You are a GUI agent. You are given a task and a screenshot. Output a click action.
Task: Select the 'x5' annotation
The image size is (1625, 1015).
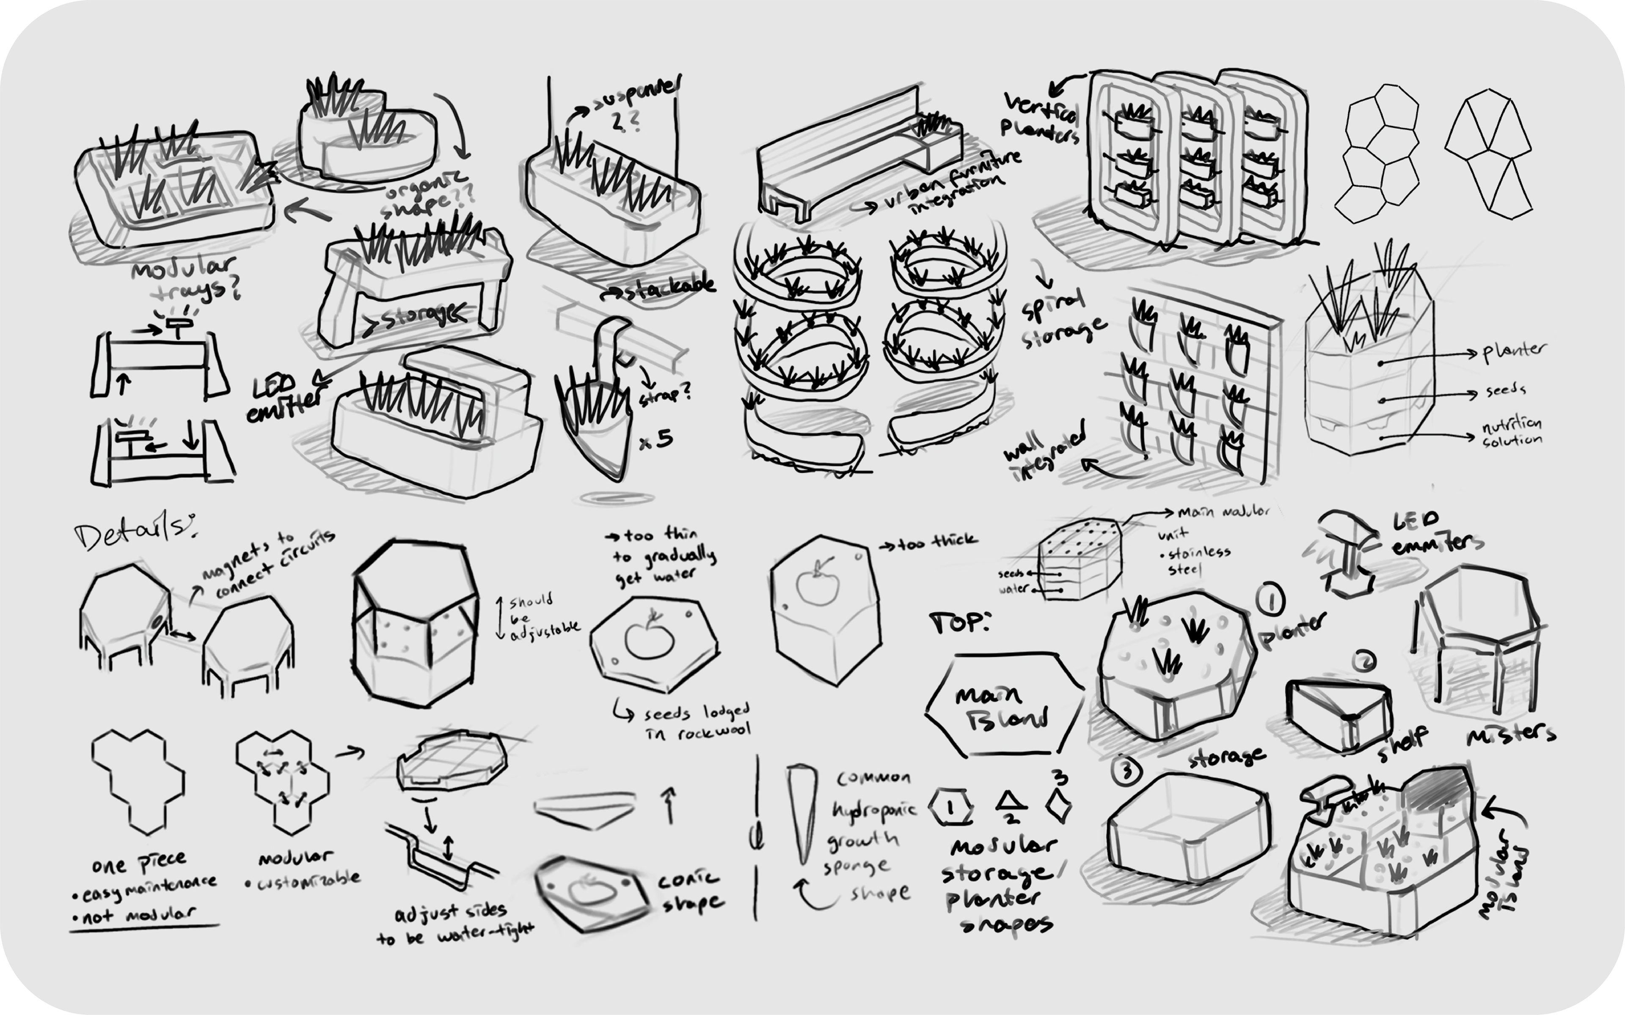click(x=655, y=440)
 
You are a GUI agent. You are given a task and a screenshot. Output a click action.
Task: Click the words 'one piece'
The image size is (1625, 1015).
click(x=139, y=863)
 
